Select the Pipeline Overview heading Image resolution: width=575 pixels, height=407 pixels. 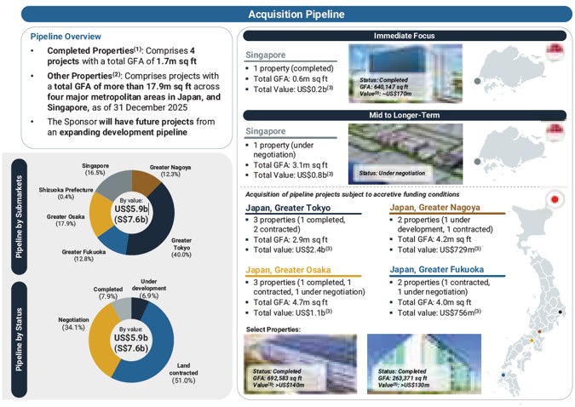tap(66, 37)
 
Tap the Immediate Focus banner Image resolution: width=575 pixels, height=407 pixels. tap(404, 36)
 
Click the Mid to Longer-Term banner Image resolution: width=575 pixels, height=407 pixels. tap(404, 115)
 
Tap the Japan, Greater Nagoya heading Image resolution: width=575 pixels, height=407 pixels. tap(435, 207)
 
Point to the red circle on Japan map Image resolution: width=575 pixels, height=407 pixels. tap(555, 201)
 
